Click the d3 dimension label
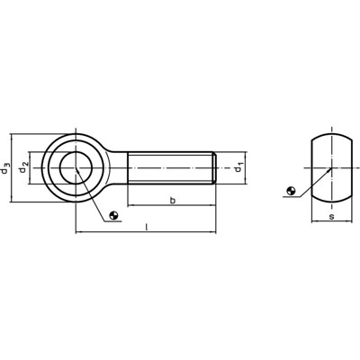pos(8,167)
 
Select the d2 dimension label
pos(26,167)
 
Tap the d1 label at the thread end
pos(238,167)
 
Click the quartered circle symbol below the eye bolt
pos(112,213)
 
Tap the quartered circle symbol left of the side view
pos(290,191)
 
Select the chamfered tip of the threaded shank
pos(214,167)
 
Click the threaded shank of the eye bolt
pos(171,167)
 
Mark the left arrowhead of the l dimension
pos(78,234)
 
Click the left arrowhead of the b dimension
pos(130,207)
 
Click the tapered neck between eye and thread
pos(115,167)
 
